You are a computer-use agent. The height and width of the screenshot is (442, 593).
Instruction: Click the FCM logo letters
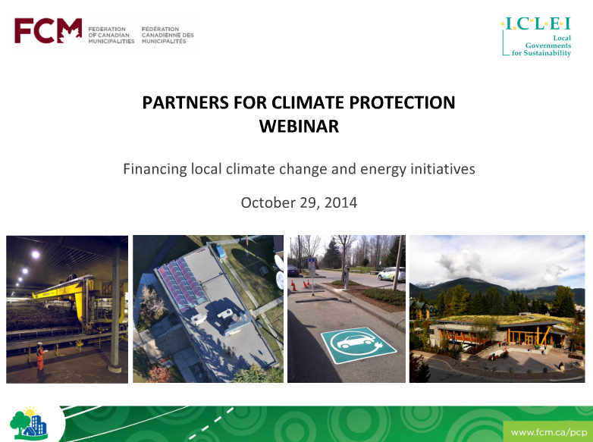(48, 30)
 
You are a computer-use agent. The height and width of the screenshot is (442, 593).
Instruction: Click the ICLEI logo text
(536, 24)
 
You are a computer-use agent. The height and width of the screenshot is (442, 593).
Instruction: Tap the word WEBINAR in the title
(299, 127)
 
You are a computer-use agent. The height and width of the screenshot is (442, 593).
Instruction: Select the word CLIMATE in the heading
(309, 102)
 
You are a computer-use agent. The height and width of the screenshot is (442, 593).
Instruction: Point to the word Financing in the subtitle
(155, 169)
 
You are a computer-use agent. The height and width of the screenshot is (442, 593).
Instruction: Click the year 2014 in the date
(340, 202)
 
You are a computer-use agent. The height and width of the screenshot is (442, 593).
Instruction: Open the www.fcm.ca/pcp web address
(549, 432)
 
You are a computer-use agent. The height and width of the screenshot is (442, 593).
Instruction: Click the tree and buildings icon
(29, 424)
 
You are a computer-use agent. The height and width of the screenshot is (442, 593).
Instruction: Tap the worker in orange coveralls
(40, 356)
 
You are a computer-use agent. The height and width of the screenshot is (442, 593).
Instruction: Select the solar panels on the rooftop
(182, 283)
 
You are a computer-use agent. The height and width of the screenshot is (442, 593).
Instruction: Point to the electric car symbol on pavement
(357, 344)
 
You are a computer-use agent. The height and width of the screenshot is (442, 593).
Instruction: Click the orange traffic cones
(300, 285)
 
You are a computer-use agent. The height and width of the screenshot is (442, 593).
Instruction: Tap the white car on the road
(391, 274)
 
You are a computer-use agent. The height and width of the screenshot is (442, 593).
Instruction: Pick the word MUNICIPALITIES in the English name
(111, 42)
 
